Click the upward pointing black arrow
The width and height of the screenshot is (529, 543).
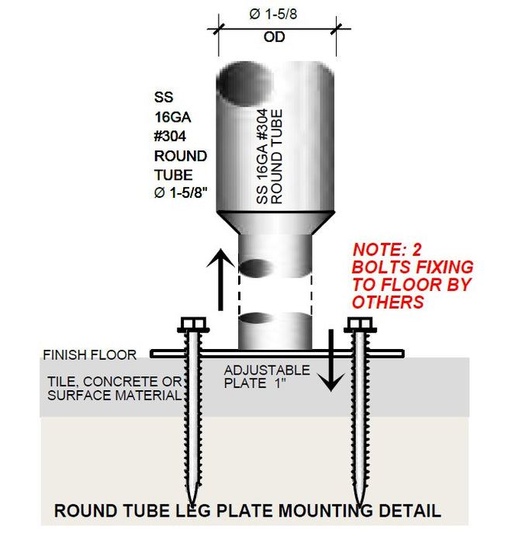click(220, 278)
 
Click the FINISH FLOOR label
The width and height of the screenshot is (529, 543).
click(90, 355)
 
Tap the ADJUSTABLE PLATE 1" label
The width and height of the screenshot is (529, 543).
click(267, 376)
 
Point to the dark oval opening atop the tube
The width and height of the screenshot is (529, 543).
click(240, 85)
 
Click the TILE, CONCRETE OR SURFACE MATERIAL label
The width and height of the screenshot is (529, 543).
click(115, 388)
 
